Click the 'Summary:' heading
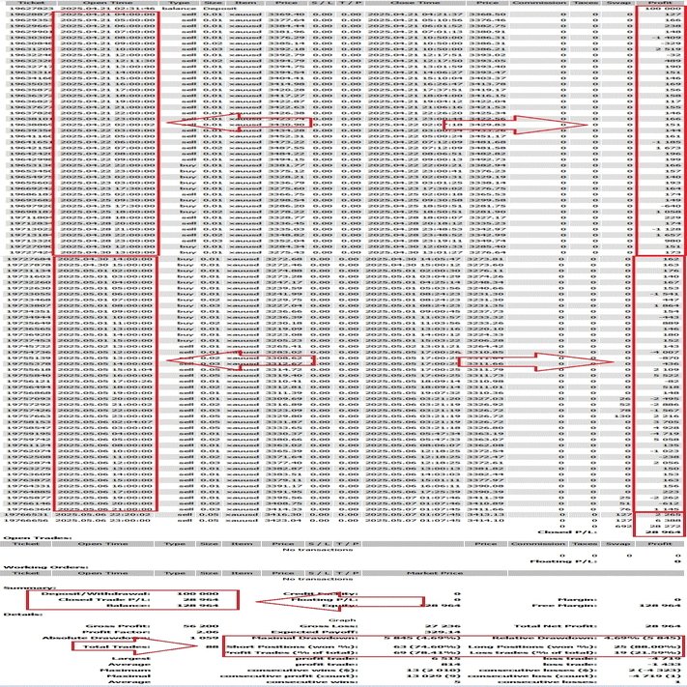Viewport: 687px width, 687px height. click(19, 586)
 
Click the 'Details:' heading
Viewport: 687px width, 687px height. click(17, 615)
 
